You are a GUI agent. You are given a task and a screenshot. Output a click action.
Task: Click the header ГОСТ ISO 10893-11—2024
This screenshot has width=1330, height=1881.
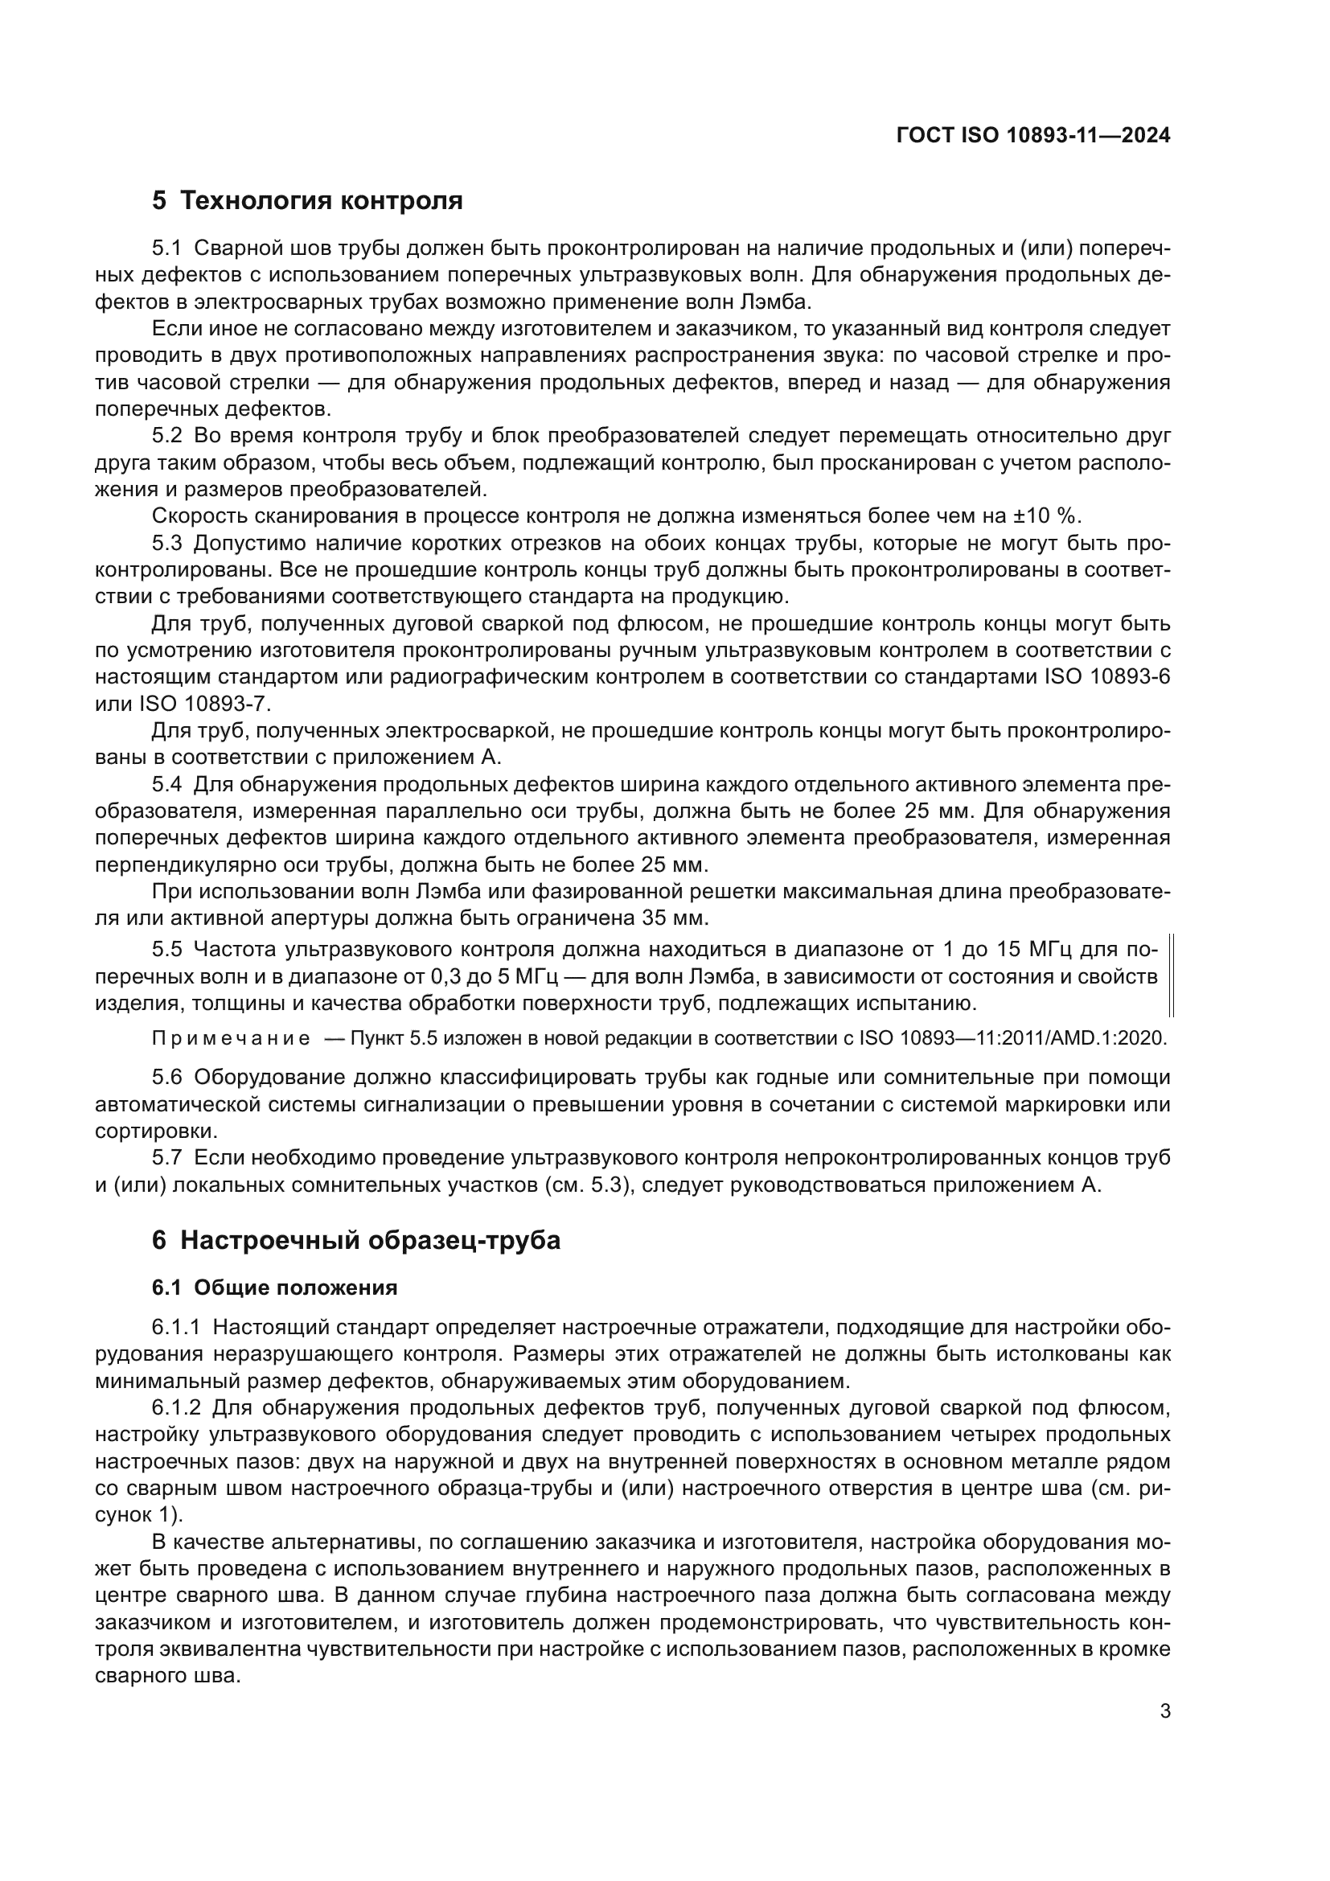[x=1032, y=136]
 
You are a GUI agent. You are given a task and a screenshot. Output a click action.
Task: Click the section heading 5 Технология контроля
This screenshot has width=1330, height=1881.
[x=307, y=201]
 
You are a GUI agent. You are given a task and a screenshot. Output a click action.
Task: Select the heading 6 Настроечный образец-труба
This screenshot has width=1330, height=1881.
[x=356, y=1240]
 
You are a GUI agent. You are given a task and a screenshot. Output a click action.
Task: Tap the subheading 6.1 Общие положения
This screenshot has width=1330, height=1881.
[x=274, y=1288]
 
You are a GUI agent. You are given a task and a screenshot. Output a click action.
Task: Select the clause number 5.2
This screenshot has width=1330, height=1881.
[x=169, y=435]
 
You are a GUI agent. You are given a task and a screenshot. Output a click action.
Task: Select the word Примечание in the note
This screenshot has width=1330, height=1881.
[x=231, y=1039]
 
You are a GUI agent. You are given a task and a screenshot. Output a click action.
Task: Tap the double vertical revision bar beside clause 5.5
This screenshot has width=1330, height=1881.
[x=1171, y=975]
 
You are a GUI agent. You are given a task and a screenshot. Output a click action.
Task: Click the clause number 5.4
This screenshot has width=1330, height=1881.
[x=167, y=785]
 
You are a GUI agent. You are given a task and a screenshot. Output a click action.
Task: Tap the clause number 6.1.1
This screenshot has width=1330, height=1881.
[x=176, y=1327]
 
